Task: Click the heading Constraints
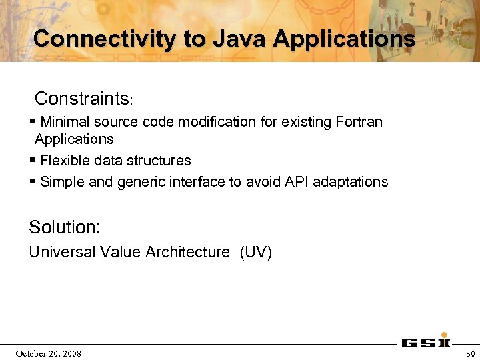click(x=81, y=99)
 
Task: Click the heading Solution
click(x=64, y=227)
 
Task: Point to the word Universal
click(x=62, y=252)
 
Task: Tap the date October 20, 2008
click(x=49, y=353)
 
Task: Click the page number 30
click(x=471, y=353)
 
